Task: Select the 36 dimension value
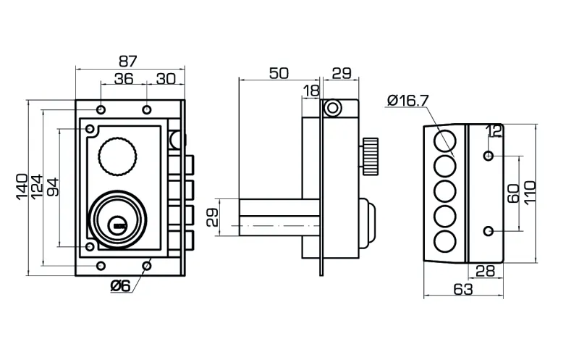pos(124,79)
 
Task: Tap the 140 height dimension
pos(22,186)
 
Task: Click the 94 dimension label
pos(52,186)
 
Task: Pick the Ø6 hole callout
pos(120,285)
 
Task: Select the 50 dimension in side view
pos(279,72)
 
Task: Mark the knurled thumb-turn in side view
pos(371,155)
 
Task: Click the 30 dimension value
pos(166,79)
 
